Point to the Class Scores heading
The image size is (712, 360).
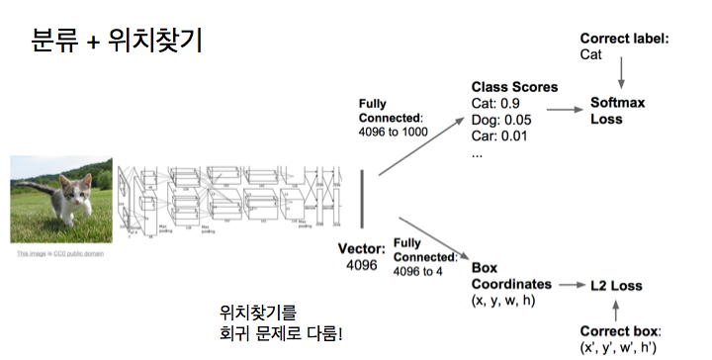click(x=514, y=87)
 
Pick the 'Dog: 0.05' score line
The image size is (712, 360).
click(x=501, y=121)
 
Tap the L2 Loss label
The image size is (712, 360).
click(x=616, y=286)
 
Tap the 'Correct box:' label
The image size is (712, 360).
click(x=620, y=331)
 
